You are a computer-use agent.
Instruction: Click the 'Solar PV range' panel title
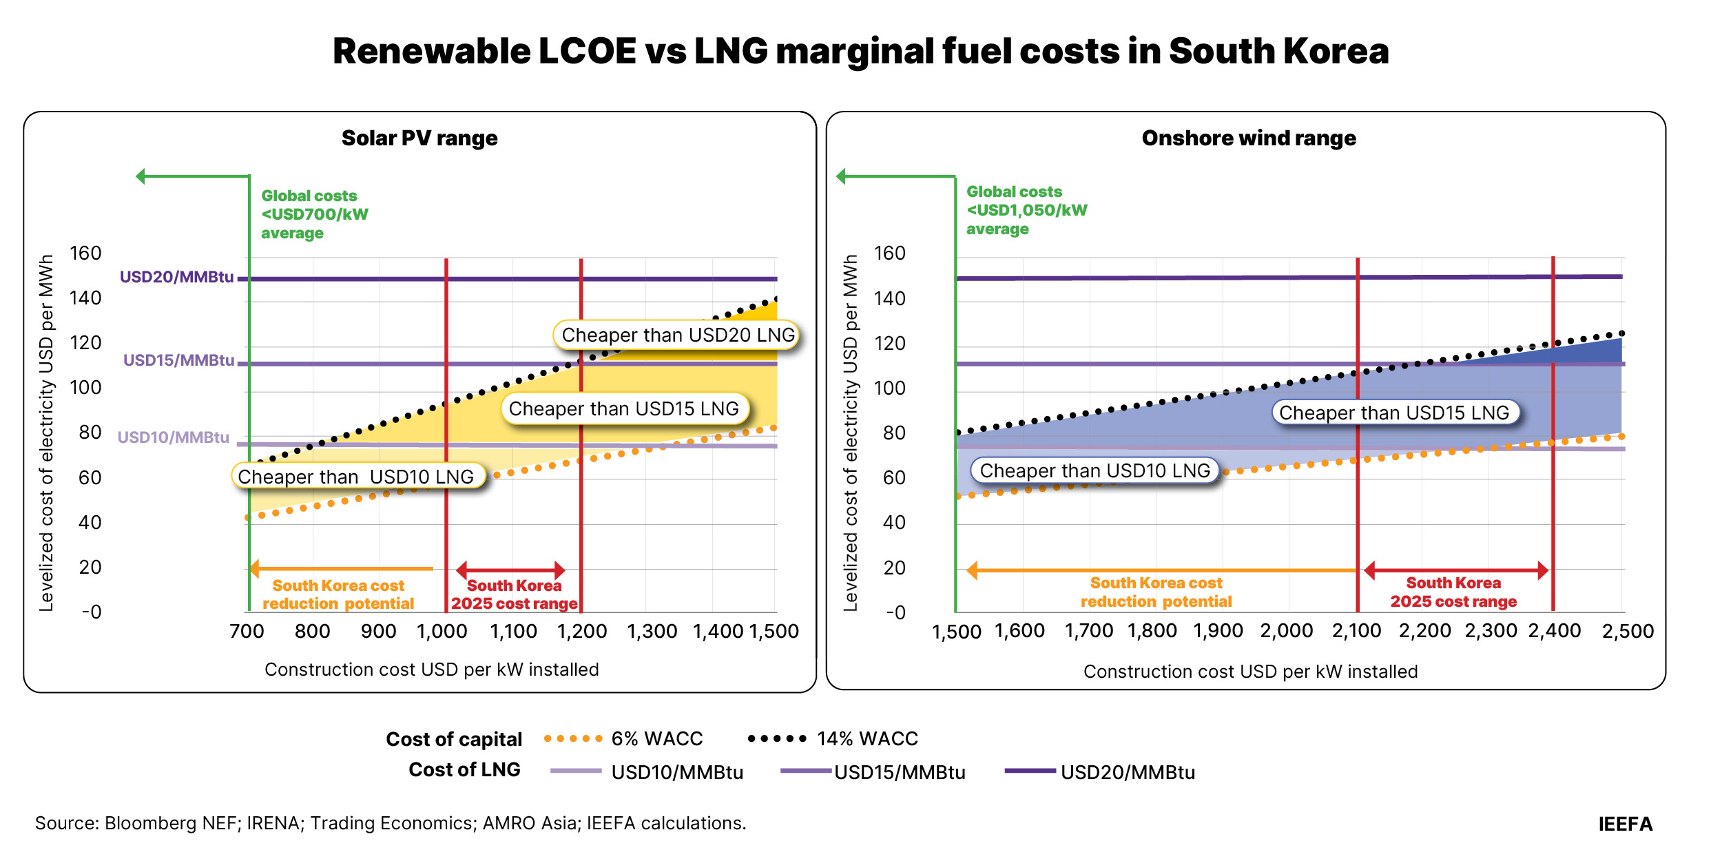click(x=419, y=138)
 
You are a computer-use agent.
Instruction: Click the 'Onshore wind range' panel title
click(x=1248, y=138)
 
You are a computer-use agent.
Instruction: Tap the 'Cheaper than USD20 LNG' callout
click(x=677, y=335)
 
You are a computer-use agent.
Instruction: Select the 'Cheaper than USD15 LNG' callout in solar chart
click(x=624, y=409)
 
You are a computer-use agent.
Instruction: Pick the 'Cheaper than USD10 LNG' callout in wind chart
click(x=1094, y=471)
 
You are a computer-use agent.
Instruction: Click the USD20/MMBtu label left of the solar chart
click(x=176, y=277)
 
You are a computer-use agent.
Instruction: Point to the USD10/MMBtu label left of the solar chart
click(x=173, y=437)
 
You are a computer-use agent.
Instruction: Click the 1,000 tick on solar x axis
click(x=442, y=631)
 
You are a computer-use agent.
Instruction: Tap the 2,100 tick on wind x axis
click(x=1356, y=631)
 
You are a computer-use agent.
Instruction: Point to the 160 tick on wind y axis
click(x=889, y=253)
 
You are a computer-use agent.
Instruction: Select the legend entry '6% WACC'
click(x=656, y=739)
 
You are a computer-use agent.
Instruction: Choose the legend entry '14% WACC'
click(x=867, y=739)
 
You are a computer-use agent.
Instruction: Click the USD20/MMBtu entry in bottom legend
click(x=1127, y=772)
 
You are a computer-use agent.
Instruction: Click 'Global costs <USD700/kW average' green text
click(x=314, y=214)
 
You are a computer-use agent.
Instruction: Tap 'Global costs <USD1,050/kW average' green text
click(x=1026, y=210)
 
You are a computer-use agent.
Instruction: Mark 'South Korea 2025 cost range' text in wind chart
click(x=1453, y=592)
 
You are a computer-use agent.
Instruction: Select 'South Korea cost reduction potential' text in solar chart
click(x=338, y=594)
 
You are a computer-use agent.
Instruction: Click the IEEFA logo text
click(x=1625, y=824)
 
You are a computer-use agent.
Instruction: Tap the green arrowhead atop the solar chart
click(x=141, y=176)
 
